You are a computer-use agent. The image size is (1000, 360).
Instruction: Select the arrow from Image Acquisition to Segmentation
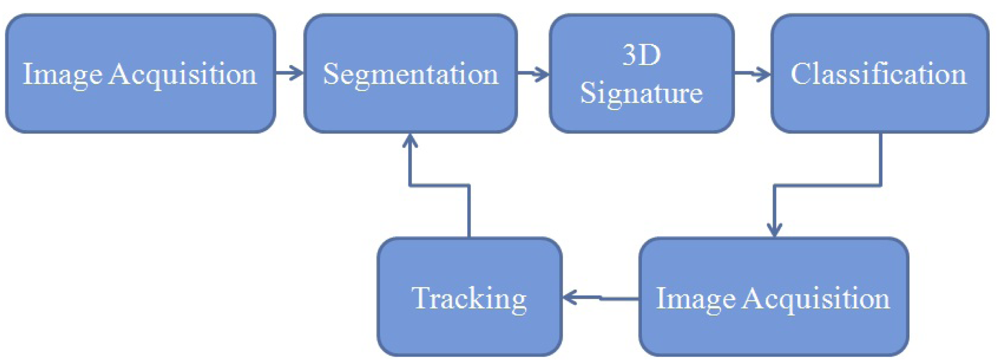point(289,73)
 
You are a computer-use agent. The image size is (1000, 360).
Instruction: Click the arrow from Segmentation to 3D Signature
point(533,73)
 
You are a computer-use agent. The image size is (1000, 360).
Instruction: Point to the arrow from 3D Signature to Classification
point(752,73)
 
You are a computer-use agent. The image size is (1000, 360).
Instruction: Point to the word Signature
point(642,94)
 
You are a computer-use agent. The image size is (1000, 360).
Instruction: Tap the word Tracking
point(469,298)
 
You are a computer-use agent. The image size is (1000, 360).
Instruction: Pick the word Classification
point(878,74)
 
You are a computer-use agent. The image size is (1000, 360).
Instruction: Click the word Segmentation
point(411,74)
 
